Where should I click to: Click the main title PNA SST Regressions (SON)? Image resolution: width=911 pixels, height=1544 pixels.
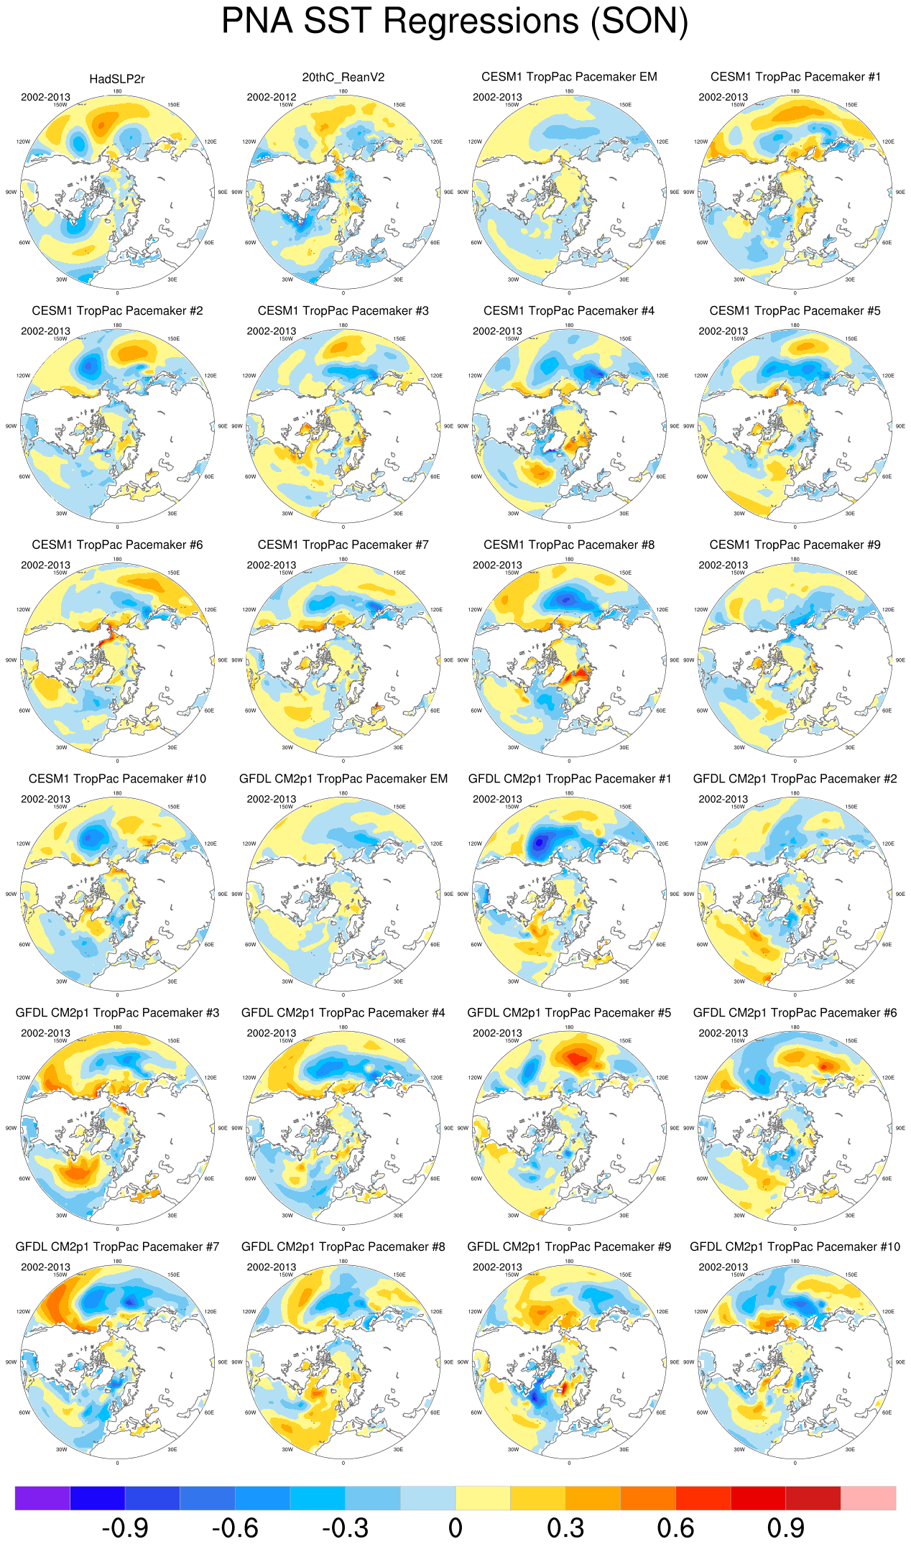455,22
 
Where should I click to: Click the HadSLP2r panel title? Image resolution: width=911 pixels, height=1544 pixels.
117,79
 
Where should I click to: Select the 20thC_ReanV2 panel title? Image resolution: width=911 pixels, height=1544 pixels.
343,77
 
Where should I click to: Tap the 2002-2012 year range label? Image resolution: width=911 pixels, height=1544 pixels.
271,97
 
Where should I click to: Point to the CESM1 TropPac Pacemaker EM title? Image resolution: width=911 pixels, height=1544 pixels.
569,77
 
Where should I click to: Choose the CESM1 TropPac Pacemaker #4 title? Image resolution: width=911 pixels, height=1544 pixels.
569,311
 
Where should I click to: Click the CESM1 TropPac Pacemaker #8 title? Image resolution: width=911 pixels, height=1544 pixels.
569,545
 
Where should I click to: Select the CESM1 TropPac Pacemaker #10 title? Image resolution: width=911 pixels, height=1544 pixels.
117,779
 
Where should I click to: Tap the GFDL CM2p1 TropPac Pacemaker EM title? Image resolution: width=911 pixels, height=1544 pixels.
343,779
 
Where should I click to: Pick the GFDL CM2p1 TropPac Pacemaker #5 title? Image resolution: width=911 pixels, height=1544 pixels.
569,1013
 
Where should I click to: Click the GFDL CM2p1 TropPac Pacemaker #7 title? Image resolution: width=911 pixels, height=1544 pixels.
117,1247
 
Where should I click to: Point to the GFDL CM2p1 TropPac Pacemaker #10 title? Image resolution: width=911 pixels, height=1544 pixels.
795,1247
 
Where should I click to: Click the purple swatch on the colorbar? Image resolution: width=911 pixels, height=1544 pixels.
42,1498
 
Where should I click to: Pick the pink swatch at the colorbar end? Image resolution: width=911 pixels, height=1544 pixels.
868,1498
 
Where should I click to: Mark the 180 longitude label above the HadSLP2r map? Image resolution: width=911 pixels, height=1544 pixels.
117,91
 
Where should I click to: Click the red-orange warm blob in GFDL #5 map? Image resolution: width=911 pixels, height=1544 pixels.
575,1057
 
